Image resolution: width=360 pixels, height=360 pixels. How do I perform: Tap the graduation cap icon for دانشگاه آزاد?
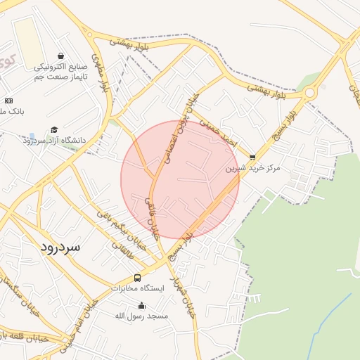(x=54, y=130)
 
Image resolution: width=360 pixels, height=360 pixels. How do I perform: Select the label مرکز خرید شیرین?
(x=252, y=169)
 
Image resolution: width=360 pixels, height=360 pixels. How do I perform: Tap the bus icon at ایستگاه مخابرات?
(x=137, y=278)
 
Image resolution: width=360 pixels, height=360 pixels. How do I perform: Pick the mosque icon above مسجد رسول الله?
(x=142, y=305)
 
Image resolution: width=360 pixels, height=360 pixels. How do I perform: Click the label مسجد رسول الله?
(x=142, y=316)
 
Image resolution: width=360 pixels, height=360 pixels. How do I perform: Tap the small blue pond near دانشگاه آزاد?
(x=32, y=136)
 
